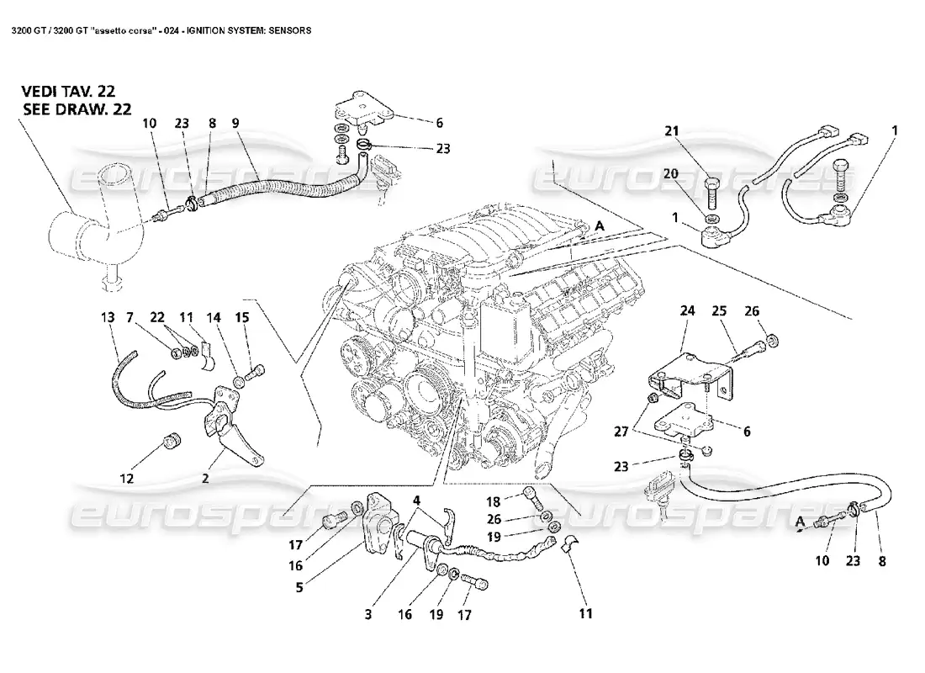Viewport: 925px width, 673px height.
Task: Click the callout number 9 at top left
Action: (235, 123)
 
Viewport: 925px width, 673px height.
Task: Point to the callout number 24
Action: (688, 310)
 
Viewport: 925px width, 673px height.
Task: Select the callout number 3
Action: (367, 615)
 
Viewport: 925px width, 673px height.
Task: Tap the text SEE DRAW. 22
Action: (75, 109)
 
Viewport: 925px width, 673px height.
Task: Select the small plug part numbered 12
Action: (174, 441)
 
